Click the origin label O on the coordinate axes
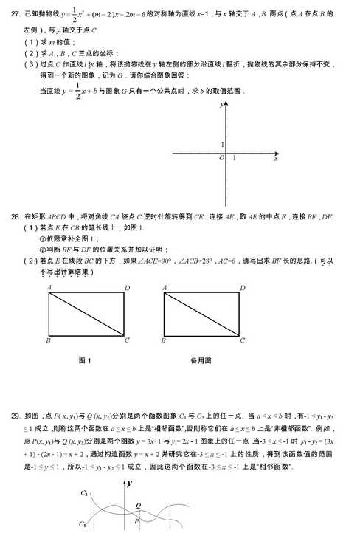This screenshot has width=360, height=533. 221,159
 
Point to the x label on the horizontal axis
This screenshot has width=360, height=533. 276,159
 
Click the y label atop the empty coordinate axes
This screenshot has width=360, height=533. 221,106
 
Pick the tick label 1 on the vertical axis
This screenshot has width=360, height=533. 222,144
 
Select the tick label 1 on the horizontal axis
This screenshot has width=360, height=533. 234,159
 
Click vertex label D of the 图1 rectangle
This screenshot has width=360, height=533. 127,287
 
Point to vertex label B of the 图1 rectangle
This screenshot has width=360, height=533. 48,340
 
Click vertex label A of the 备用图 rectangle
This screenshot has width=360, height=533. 163,287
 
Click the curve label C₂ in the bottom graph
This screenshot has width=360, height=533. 84,492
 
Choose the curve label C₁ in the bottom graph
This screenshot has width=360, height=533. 84,523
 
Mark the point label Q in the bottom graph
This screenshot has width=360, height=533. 138,506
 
